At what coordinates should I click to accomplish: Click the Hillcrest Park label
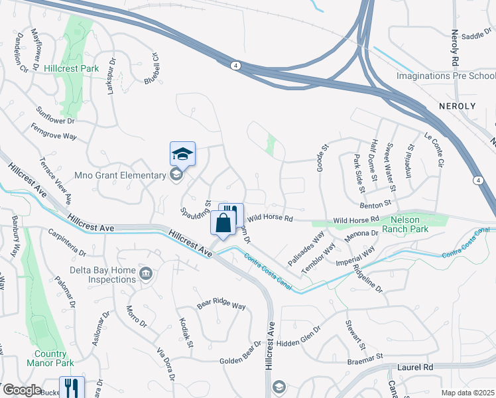click(71, 68)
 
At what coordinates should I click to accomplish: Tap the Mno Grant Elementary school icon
click(176, 175)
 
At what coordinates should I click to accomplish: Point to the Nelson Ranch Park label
click(409, 224)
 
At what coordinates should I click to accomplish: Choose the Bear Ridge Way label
click(221, 306)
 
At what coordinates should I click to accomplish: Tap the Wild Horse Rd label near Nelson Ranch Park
click(355, 219)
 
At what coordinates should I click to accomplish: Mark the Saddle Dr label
click(475, 36)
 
